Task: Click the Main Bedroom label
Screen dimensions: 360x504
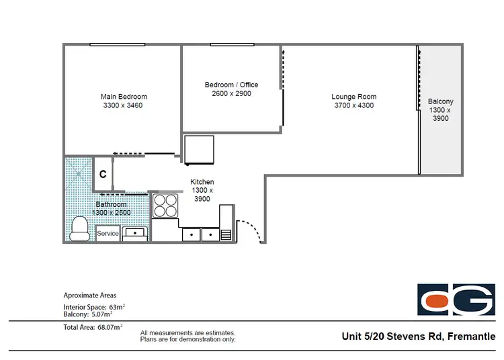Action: (124, 97)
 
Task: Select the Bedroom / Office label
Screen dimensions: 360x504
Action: (231, 85)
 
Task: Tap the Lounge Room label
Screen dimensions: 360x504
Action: (353, 97)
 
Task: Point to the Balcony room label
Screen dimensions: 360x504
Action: (440, 102)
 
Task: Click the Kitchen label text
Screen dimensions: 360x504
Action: (202, 182)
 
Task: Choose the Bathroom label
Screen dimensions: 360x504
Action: (111, 204)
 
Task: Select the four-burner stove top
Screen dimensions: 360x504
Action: (165, 205)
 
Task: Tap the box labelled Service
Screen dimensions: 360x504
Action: (108, 234)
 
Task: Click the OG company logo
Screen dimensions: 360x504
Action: (456, 300)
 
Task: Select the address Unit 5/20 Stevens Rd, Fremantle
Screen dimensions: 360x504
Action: (418, 336)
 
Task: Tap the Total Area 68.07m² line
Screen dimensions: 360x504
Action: (93, 327)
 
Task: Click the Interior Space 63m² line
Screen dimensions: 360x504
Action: (94, 306)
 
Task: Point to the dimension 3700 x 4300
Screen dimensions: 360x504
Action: (353, 105)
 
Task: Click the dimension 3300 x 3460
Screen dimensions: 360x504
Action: (124, 105)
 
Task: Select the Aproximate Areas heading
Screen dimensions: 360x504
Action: (89, 295)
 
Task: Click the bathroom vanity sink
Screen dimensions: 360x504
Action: (135, 233)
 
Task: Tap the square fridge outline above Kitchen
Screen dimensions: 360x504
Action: (199, 149)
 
